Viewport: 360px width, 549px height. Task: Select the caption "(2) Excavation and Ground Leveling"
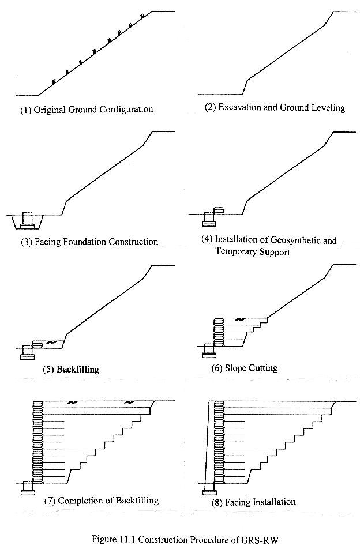[x=274, y=108]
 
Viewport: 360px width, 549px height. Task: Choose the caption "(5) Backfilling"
[x=70, y=368]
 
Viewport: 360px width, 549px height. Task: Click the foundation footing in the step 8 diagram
[x=209, y=492]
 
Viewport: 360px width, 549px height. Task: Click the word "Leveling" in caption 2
[x=327, y=108]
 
